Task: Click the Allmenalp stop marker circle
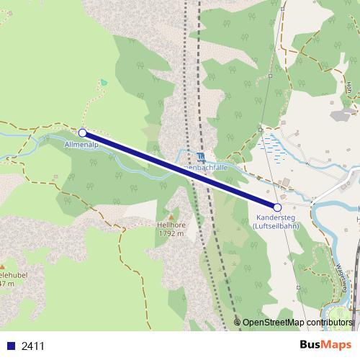tap(83, 132)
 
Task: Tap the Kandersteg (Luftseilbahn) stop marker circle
tap(277, 207)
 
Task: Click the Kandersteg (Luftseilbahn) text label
tap(278, 221)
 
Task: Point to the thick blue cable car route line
tap(180, 170)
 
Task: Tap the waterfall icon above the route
tap(199, 158)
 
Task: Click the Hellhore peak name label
tap(171, 225)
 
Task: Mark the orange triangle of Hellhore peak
tap(171, 216)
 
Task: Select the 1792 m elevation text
tap(171, 233)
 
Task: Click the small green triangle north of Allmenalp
tap(104, 82)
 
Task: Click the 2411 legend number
tap(33, 346)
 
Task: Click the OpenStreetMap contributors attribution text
tap(297, 323)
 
